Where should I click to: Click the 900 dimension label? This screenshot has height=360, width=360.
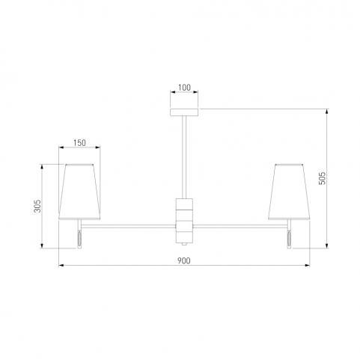coord(184,260)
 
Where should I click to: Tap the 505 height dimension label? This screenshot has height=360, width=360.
coord(323,178)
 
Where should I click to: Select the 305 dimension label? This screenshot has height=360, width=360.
coord(37,206)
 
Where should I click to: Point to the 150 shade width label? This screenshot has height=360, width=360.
coord(79,143)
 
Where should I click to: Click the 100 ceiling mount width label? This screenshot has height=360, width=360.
coord(184,88)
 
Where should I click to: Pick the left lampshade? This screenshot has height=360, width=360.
coord(79,192)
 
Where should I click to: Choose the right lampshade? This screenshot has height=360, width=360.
coord(289,192)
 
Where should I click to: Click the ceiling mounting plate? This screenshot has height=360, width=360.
coord(184,112)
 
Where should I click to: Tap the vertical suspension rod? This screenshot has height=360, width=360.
coord(184,157)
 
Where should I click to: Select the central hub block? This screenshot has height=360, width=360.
coord(184,221)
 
